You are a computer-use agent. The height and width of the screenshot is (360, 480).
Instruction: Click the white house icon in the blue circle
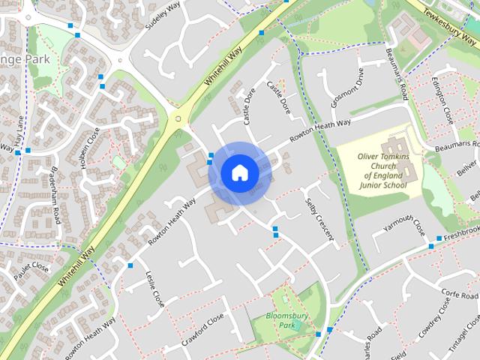pos(239,173)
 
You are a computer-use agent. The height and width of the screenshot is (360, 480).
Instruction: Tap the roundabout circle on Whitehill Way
pos(177,118)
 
